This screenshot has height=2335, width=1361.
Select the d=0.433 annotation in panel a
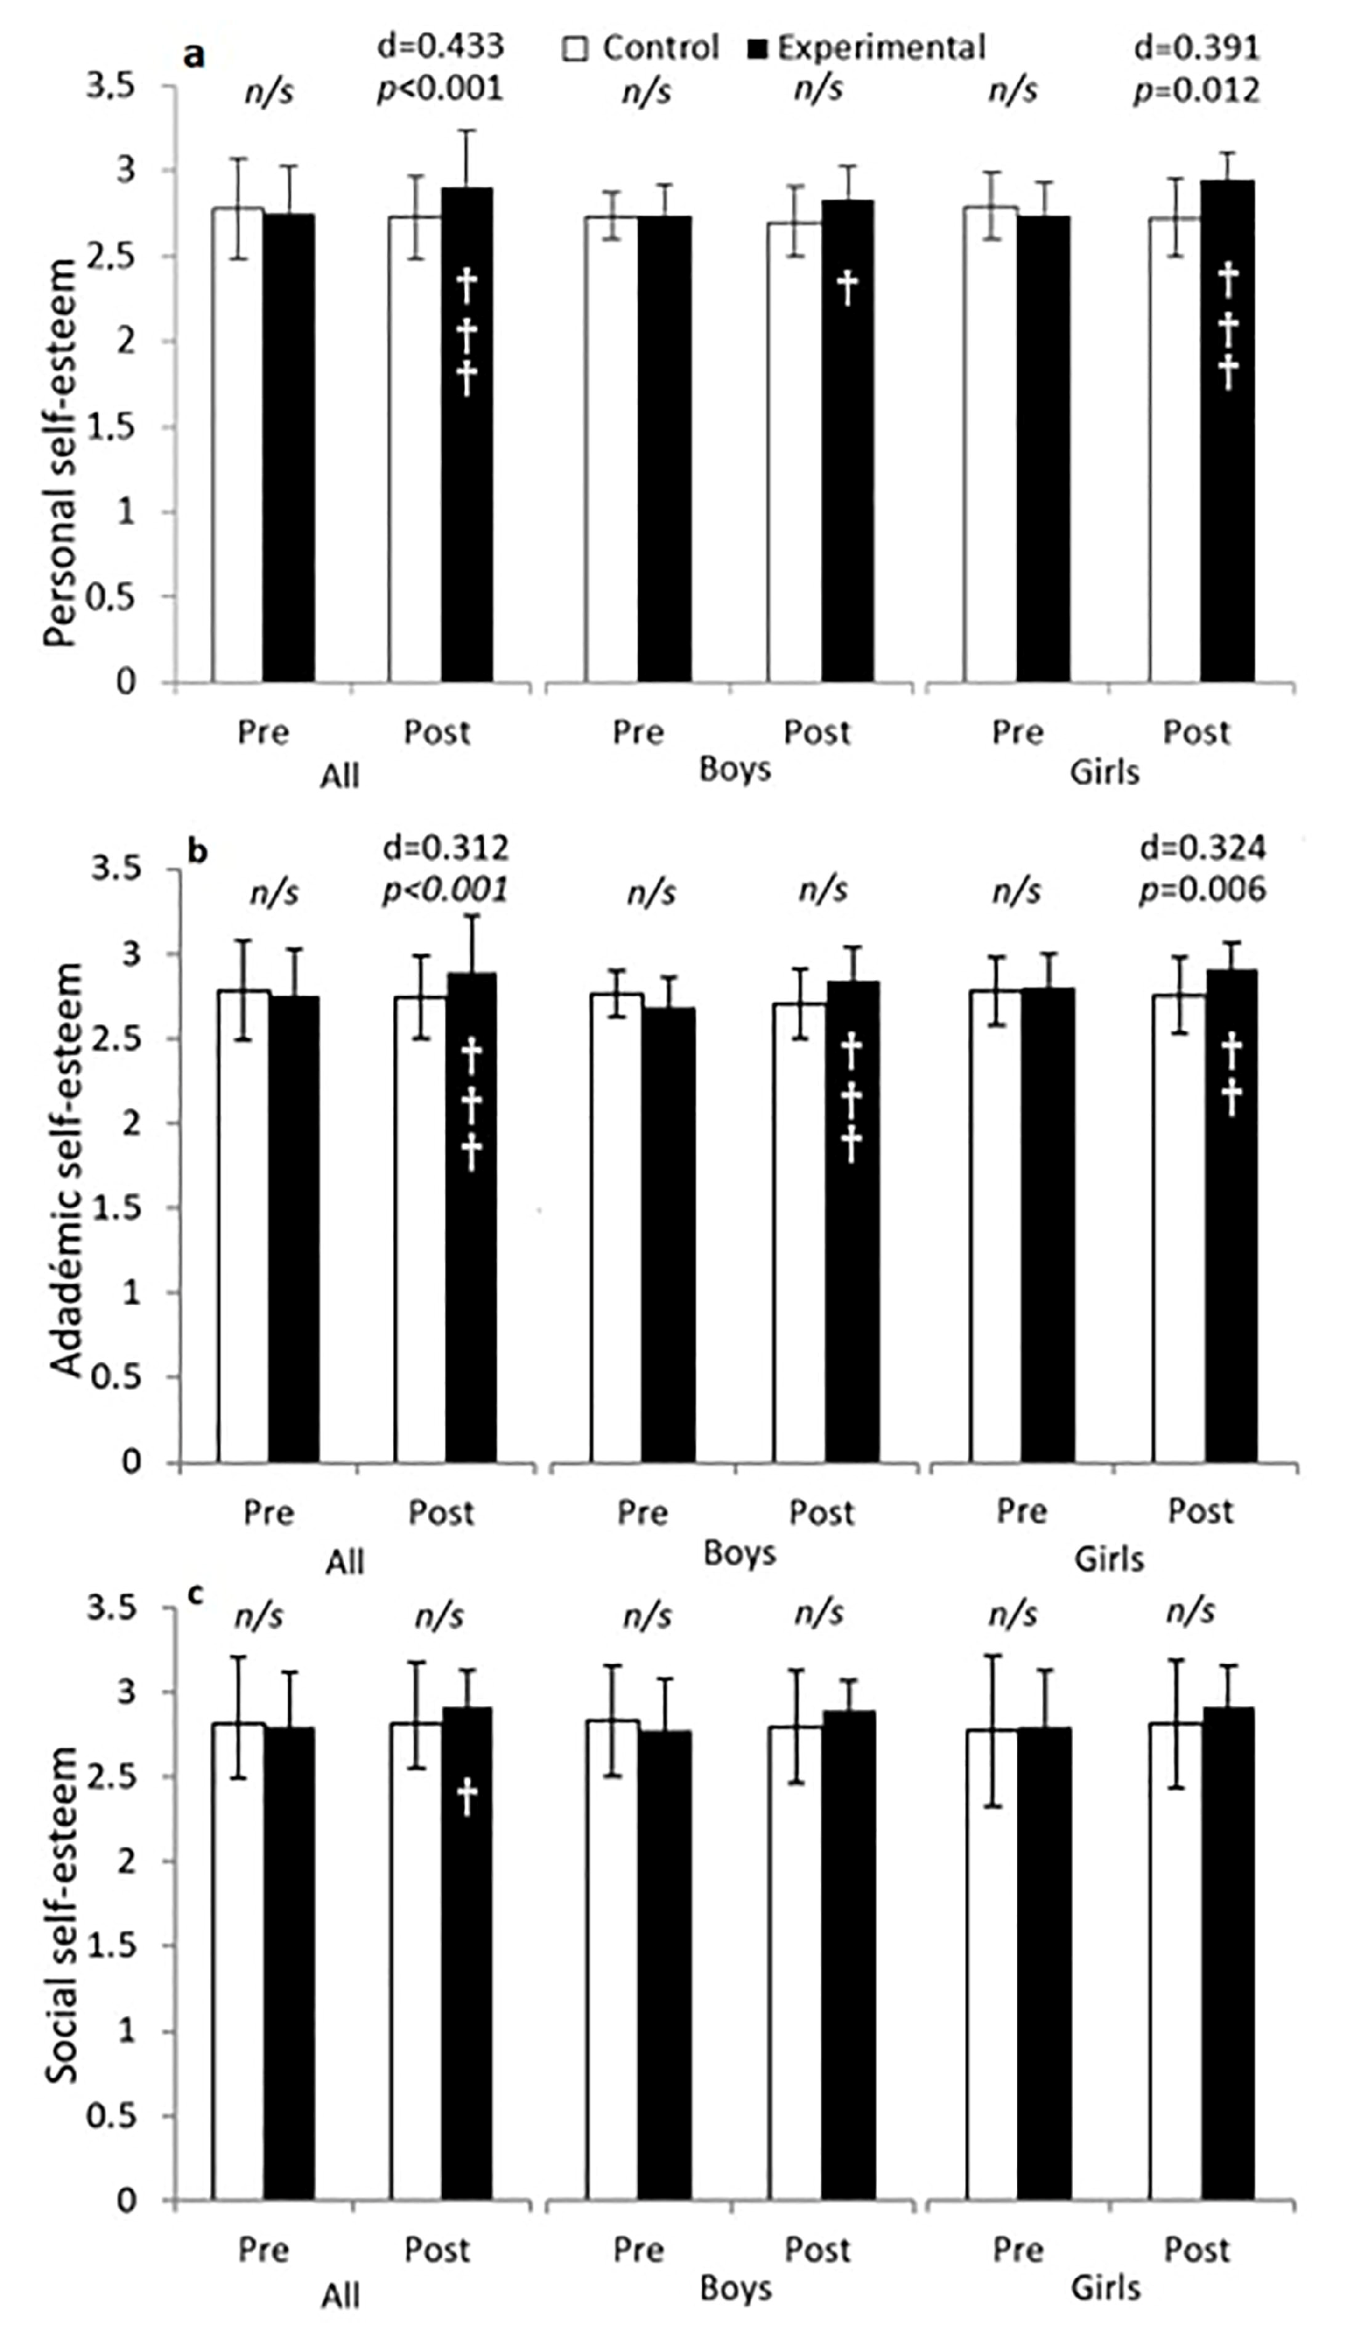[441, 45]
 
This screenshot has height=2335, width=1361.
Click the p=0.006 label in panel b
[1201, 889]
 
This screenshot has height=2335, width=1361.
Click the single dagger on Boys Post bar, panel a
[846, 288]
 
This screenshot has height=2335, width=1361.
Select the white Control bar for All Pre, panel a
[237, 445]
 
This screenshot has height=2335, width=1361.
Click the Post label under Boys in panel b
[821, 1513]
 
